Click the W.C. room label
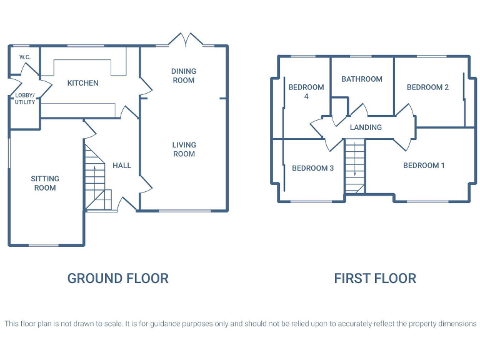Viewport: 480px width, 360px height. coord(25,57)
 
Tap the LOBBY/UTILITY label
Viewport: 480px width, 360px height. coord(25,99)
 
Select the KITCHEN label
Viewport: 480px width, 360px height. coord(83,83)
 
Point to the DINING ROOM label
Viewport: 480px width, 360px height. coord(183,76)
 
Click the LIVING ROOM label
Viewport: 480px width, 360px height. coord(184,149)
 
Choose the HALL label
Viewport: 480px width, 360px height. coord(122,166)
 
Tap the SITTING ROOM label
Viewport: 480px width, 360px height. coord(45,183)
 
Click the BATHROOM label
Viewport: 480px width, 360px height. coord(362,79)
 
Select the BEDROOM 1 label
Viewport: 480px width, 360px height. coord(424,166)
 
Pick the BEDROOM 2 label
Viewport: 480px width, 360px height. coord(427,87)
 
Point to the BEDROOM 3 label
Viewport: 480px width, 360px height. coord(312,168)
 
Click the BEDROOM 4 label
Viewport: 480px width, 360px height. coord(306,92)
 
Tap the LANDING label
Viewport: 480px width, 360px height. coord(366,127)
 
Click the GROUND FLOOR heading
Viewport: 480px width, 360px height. coord(118,278)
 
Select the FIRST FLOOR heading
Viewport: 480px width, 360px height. coord(375,278)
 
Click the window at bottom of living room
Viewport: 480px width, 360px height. coord(184,211)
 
